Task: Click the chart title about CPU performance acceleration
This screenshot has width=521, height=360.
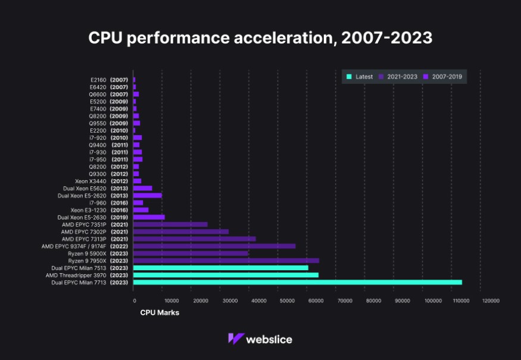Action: click(x=260, y=38)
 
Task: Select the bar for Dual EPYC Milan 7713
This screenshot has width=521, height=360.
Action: click(x=297, y=282)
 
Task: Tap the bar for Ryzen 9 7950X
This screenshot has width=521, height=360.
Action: click(x=226, y=261)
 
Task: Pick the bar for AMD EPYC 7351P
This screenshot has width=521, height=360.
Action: click(x=170, y=224)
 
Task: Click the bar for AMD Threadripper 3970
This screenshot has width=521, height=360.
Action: click(x=226, y=275)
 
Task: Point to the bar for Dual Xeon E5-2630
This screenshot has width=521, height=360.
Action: click(x=149, y=217)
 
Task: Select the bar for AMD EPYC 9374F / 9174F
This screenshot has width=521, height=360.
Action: click(x=214, y=246)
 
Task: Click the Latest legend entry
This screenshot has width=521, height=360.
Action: click(x=360, y=77)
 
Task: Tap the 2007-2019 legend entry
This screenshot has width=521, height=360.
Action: click(x=444, y=77)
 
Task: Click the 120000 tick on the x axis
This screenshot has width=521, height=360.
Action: click(x=491, y=301)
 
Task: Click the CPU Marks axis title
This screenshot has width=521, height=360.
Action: click(x=160, y=312)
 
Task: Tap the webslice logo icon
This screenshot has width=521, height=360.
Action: click(x=236, y=339)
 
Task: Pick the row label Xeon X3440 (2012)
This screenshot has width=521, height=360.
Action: click(x=101, y=181)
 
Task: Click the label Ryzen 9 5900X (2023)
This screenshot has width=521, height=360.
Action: click(x=98, y=253)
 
